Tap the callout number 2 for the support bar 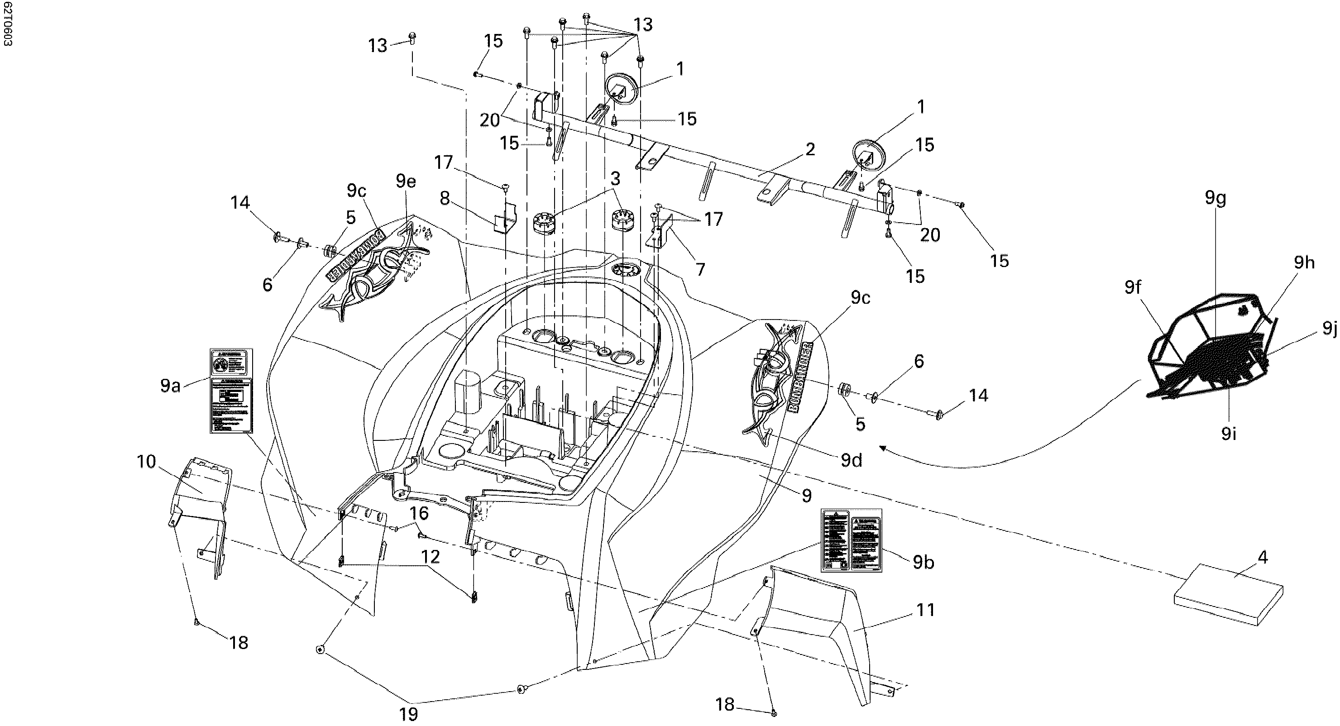(810, 149)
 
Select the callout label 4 (1263, 557)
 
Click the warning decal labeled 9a (231, 390)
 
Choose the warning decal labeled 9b (851, 540)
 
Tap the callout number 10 (147, 461)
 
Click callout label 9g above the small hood (1215, 199)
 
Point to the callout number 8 (445, 198)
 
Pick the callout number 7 (700, 269)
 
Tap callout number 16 (419, 513)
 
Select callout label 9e (406, 181)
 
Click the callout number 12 (431, 557)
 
